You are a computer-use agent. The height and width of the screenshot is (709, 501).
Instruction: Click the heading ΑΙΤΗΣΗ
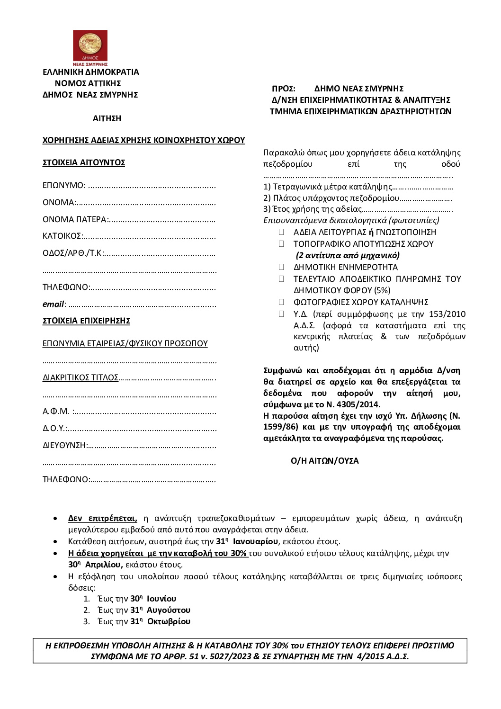107,118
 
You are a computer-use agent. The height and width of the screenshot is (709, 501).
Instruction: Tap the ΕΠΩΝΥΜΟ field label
64,185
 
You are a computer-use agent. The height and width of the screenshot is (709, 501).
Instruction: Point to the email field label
54,304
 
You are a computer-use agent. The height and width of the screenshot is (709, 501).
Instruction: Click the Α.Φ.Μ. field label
56,411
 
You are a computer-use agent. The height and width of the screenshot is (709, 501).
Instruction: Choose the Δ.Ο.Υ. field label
54,428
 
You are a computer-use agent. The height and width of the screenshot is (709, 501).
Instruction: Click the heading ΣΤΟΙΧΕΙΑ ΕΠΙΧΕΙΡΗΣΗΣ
86,321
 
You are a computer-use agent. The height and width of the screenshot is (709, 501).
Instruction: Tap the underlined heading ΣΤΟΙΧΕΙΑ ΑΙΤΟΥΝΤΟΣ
84,162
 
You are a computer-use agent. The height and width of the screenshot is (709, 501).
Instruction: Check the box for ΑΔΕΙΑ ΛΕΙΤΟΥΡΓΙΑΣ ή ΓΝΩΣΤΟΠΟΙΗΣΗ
281,232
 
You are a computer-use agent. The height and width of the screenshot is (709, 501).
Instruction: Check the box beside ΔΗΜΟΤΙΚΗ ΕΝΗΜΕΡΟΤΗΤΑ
281,267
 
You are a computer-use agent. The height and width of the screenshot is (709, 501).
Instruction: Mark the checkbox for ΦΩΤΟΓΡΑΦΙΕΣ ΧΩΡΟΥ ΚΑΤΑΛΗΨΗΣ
281,302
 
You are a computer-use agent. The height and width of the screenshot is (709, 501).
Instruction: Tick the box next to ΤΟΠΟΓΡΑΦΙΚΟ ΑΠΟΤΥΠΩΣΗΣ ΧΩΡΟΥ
281,244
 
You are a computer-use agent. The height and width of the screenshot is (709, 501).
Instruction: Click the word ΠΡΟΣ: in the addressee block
284,89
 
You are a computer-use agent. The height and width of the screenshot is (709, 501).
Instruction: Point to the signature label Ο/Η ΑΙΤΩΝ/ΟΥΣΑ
325,461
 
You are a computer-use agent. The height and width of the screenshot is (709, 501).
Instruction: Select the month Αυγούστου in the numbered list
169,610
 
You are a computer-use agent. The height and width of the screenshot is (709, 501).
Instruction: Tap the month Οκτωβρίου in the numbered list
169,621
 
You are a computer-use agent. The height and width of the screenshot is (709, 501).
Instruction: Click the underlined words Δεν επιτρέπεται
103,518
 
